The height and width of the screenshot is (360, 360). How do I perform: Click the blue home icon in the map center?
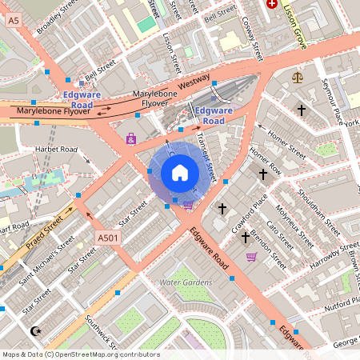tap(180, 172)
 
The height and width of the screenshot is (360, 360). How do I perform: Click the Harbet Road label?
tap(56, 150)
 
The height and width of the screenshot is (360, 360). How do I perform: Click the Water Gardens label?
tap(186, 282)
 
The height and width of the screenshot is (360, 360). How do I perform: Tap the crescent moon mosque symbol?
tap(34, 330)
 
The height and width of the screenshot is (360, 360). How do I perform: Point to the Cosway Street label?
tap(253, 35)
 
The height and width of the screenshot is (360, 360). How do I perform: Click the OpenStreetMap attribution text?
tap(81, 354)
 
